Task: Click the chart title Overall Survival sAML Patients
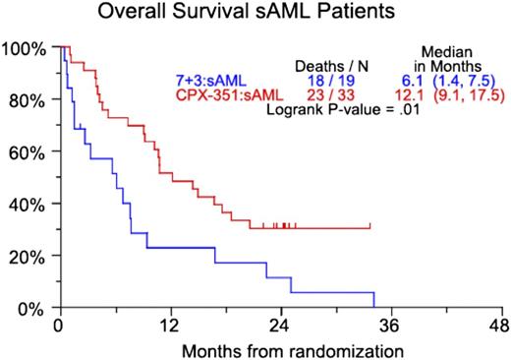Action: point(255,14)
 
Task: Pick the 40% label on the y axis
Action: point(28,205)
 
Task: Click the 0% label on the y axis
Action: point(31,309)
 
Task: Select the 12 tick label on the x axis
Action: point(169,326)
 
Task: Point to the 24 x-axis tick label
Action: point(280,326)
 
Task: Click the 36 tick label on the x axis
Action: point(391,326)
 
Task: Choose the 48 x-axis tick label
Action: point(501,326)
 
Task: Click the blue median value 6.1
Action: point(401,79)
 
